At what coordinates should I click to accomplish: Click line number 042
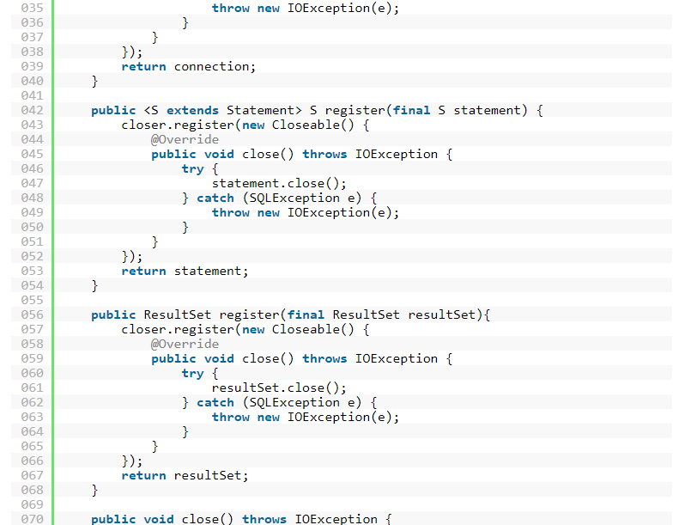[31, 110]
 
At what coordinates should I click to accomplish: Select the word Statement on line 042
[257, 110]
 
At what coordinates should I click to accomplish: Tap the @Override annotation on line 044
[185, 139]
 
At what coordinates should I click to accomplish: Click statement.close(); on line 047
[279, 183]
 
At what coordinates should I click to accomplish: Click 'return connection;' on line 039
[189, 66]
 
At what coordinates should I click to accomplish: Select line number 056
[31, 314]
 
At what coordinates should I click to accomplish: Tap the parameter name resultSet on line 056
[441, 314]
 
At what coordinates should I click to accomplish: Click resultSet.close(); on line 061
[279, 388]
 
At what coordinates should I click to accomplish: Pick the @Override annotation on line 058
[185, 344]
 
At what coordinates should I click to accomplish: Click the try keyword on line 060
[192, 373]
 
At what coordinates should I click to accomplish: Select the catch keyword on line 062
[215, 402]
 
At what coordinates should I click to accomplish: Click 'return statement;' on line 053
[185, 271]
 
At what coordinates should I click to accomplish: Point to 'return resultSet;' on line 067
[185, 475]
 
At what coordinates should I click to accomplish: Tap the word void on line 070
[160, 519]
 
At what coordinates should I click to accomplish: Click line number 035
[31, 8]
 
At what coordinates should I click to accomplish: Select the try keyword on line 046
[192, 168]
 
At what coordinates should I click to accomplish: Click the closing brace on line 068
[94, 490]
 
